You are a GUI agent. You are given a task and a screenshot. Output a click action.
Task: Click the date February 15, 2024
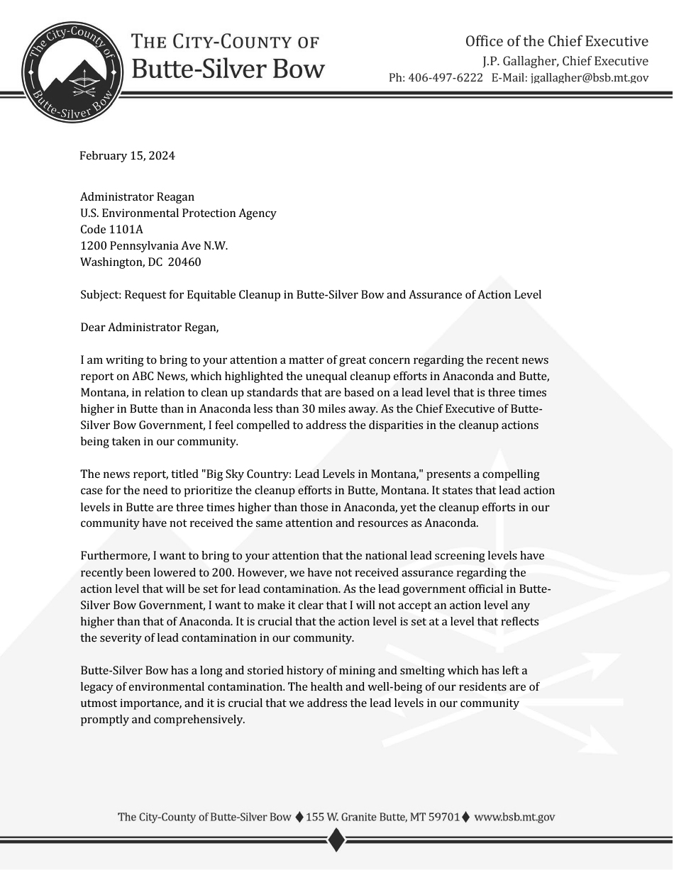pyautogui.click(x=127, y=156)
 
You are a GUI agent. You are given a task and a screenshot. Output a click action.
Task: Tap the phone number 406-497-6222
pyautogui.click(x=446, y=78)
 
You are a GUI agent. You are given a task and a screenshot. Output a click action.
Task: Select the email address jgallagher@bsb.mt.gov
pyautogui.click(x=589, y=78)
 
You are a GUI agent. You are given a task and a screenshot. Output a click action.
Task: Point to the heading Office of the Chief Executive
pyautogui.click(x=556, y=41)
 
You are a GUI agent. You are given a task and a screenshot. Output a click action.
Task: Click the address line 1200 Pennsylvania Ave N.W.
pyautogui.click(x=154, y=245)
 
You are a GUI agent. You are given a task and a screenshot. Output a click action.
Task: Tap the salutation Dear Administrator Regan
pyautogui.click(x=150, y=328)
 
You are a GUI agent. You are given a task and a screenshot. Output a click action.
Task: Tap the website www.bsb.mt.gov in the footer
pyautogui.click(x=514, y=817)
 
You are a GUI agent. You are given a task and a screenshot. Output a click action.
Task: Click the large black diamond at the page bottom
pyautogui.click(x=336, y=841)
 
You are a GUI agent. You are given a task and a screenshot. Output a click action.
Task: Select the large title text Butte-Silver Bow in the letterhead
pyautogui.click(x=228, y=69)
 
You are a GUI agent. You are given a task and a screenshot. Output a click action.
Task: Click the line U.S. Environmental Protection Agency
pyautogui.click(x=178, y=213)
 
